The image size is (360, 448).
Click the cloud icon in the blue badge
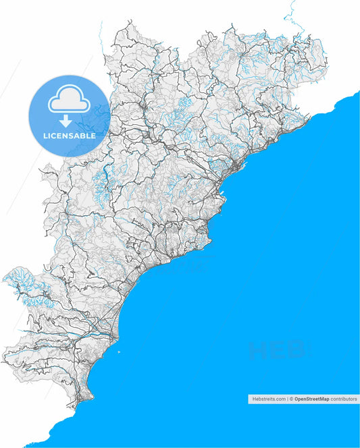[x=68, y=102]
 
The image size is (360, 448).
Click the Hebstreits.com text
[x=269, y=399]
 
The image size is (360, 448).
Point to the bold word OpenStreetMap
[x=312, y=399]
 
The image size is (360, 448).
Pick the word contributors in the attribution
[x=344, y=399]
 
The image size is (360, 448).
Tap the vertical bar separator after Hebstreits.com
[x=288, y=399]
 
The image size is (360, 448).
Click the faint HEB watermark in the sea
[x=277, y=350]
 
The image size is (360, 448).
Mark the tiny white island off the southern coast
[x=119, y=352]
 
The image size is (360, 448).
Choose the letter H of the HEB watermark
[x=258, y=350]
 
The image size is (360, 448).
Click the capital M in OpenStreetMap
[x=322, y=399]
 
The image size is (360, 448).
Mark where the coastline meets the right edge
[x=358, y=89]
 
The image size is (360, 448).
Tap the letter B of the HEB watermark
[x=296, y=350]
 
